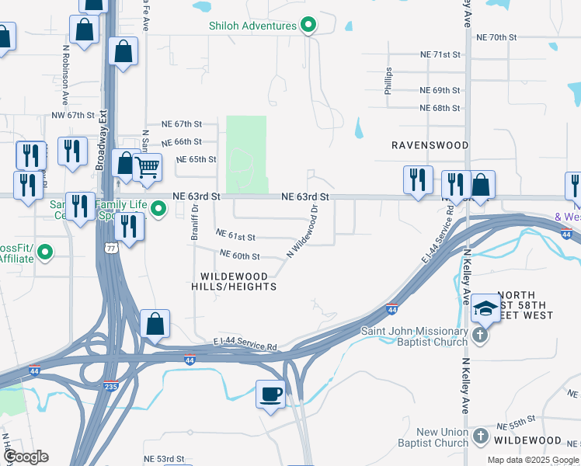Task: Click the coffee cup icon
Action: point(270,394)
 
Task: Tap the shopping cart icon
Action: point(147,167)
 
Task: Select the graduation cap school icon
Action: point(485,309)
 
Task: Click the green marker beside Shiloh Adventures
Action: point(308,26)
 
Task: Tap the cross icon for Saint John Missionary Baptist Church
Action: point(480,336)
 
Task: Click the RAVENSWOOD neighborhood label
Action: point(430,145)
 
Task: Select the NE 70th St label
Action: point(496,37)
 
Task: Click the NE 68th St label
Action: point(440,108)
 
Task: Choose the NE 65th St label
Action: point(197,159)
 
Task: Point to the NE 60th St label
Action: point(239,255)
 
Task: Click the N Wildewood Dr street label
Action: point(303,231)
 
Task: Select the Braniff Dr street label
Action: point(195,223)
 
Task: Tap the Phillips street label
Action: point(388,82)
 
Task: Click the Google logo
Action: point(26,457)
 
